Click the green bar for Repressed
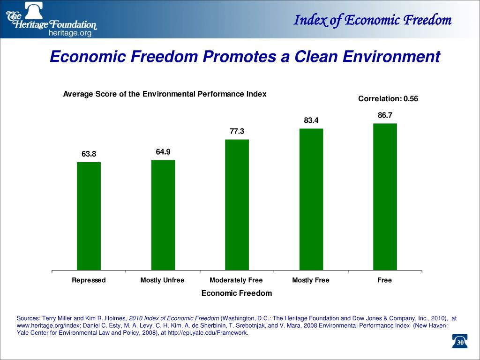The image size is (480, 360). tap(89, 216)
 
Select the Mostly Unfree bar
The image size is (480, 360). tap(163, 215)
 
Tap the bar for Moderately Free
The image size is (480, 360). tap(237, 205)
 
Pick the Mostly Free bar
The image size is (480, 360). tap(311, 199)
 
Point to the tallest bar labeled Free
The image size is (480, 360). tap(385, 197)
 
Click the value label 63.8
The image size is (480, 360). tap(89, 154)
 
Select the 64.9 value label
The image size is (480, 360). tap(163, 151)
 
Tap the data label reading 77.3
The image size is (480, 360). tap(237, 131)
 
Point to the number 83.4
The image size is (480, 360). tap(311, 120)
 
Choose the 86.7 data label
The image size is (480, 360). tap(385, 115)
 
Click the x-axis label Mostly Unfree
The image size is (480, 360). tap(162, 280)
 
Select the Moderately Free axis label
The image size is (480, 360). tap(236, 280)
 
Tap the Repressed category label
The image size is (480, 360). tap(89, 280)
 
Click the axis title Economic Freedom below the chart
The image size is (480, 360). tap(236, 293)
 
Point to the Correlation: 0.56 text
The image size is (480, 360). tap(388, 98)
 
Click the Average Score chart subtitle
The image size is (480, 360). tap(165, 94)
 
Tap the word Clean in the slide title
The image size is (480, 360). tap(315, 57)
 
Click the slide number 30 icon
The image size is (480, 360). tap(460, 343)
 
